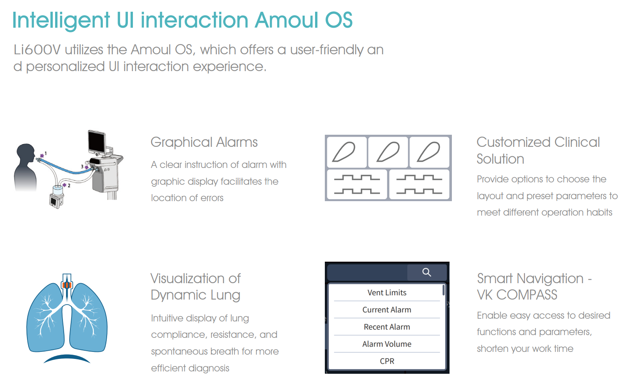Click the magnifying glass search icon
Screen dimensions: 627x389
click(426, 272)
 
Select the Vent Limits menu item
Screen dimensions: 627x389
click(387, 293)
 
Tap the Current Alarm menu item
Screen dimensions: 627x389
click(387, 310)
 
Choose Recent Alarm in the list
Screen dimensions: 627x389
click(387, 327)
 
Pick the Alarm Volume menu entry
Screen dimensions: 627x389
click(387, 344)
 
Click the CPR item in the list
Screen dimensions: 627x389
click(387, 361)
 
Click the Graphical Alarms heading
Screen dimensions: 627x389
click(204, 142)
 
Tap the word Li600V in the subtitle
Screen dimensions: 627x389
click(37, 50)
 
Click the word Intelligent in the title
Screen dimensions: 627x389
click(61, 20)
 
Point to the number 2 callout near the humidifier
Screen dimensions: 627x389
click(69, 186)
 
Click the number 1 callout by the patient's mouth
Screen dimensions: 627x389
click(46, 153)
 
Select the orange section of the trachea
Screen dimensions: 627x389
click(67, 285)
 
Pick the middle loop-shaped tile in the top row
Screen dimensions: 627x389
click(388, 152)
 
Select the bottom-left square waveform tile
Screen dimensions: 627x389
click(357, 185)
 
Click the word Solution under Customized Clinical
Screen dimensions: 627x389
click(500, 159)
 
